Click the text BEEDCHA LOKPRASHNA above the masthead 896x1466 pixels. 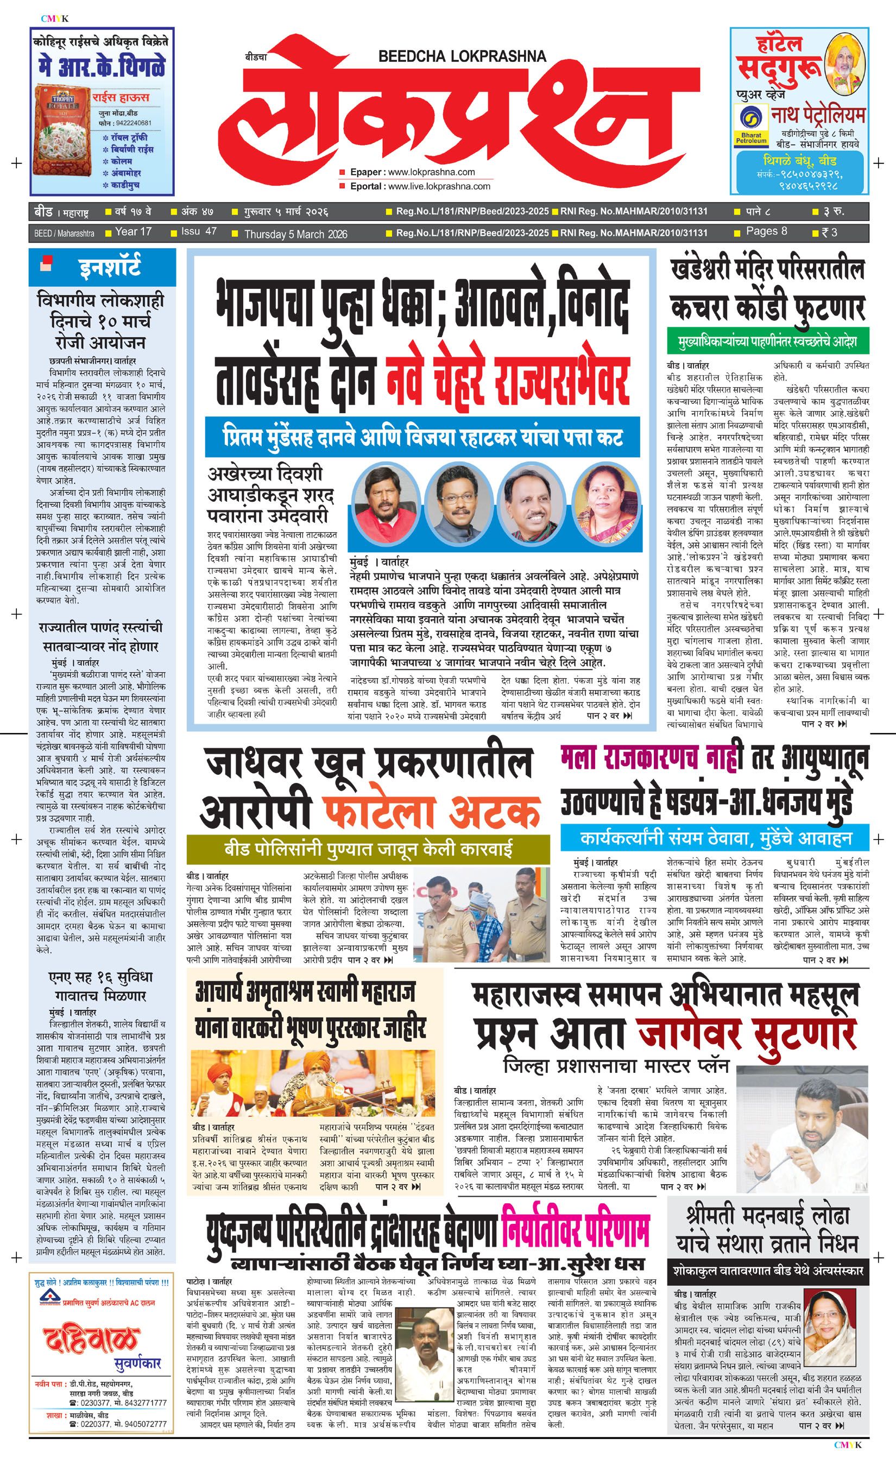point(462,56)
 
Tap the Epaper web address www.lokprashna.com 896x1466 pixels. point(431,172)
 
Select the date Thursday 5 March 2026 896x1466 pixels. point(296,234)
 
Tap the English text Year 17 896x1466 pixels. point(133,232)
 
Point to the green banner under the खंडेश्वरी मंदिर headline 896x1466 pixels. point(767,343)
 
